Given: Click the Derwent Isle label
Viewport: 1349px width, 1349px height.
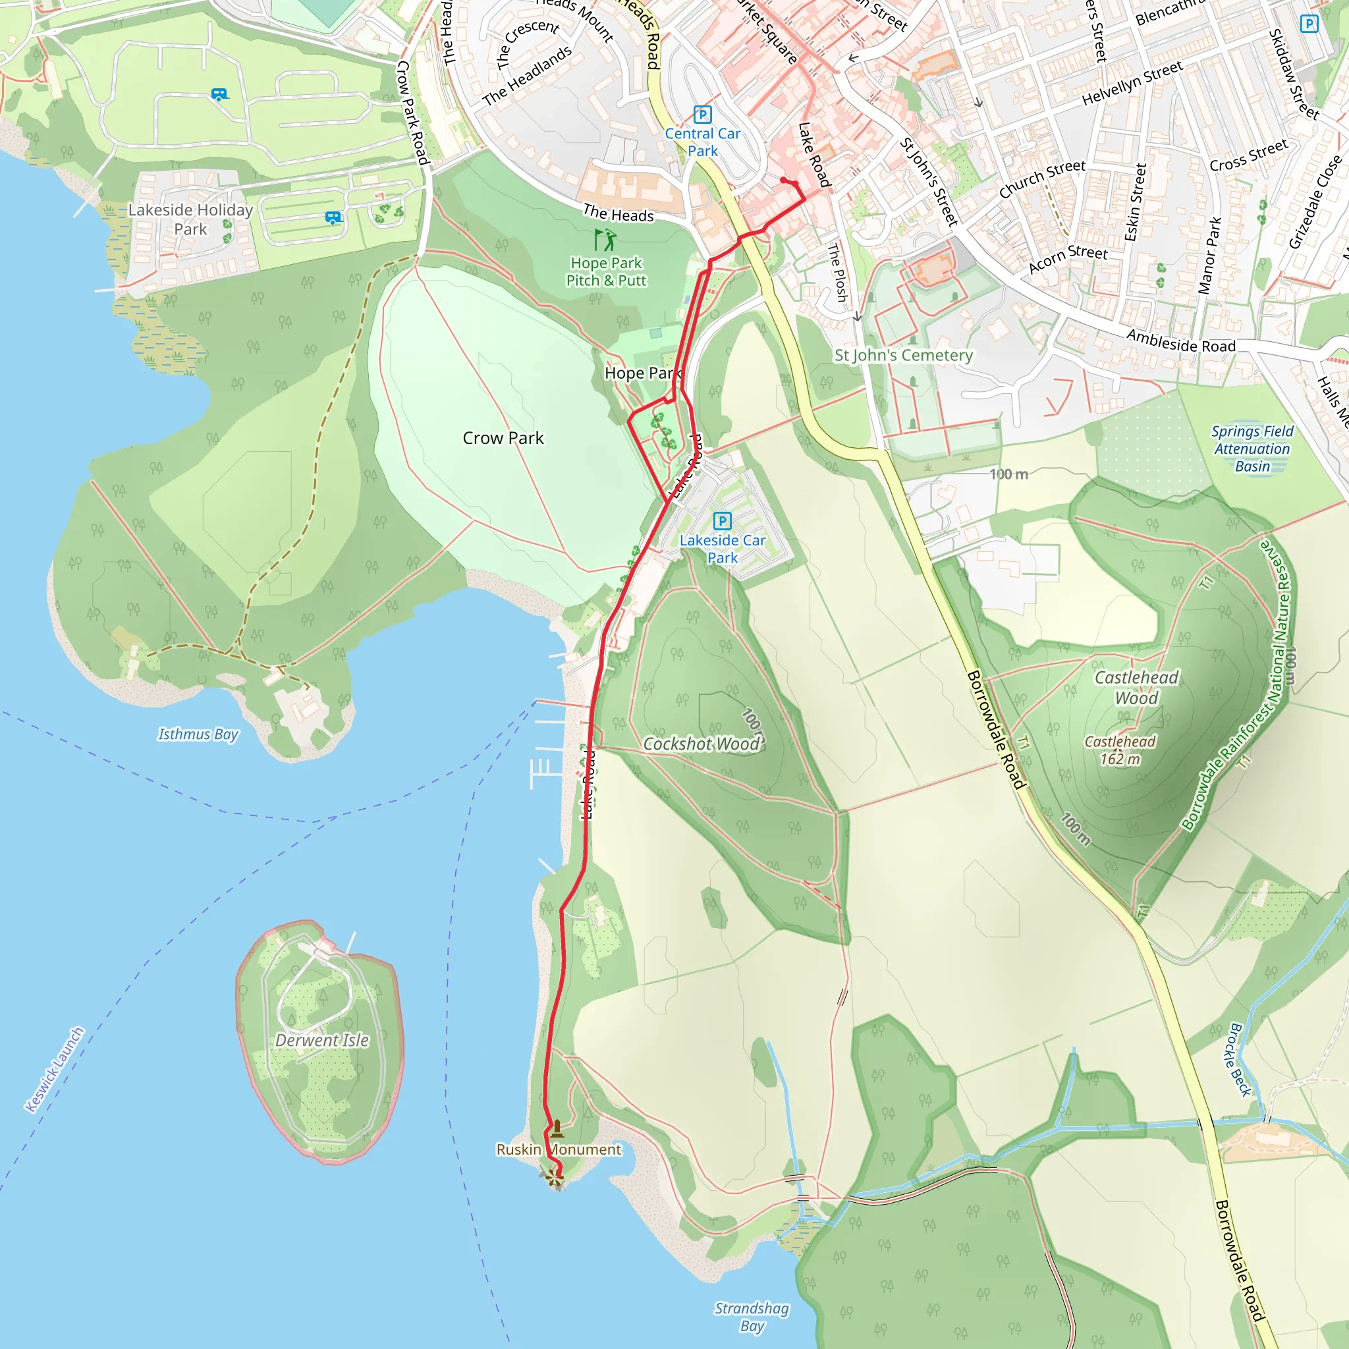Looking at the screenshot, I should (322, 1039).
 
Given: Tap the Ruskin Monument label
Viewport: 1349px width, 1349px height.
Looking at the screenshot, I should (558, 1149).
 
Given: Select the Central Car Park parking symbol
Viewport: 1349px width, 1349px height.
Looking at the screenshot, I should (702, 115).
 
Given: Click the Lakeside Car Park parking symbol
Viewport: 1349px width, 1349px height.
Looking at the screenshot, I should (722, 521).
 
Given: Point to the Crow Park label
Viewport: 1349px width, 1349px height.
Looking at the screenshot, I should (503, 438).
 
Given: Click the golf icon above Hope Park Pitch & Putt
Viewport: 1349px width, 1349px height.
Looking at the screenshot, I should (605, 240).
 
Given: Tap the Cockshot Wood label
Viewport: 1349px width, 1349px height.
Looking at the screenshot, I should (701, 744).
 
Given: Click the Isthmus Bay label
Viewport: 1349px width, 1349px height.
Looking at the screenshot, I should (198, 734).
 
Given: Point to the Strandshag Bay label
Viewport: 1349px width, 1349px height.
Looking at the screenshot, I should (752, 1317).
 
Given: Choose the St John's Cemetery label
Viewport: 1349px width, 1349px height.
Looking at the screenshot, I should (904, 356).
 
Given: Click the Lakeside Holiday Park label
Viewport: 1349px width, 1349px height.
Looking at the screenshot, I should (190, 219).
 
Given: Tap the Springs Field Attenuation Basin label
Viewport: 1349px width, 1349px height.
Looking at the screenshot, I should (1252, 449).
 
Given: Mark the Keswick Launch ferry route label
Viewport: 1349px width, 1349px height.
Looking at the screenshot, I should (55, 1069).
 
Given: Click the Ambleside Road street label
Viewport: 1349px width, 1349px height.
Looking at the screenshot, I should (1181, 341).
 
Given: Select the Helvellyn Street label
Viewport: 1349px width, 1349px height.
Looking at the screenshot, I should (1132, 83).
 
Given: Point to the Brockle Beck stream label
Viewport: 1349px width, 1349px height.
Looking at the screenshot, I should (1240, 1060).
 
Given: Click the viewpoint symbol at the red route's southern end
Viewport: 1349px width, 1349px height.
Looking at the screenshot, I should (554, 1177).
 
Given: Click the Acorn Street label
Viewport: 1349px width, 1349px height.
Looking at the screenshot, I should (1068, 260).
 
